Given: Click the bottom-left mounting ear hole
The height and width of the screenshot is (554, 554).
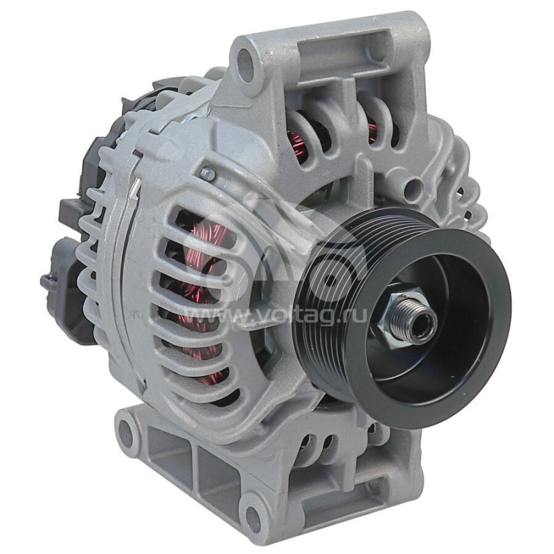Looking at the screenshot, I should pos(126,433).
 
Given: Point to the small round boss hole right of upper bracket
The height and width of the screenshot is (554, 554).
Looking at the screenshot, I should pos(414,186).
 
